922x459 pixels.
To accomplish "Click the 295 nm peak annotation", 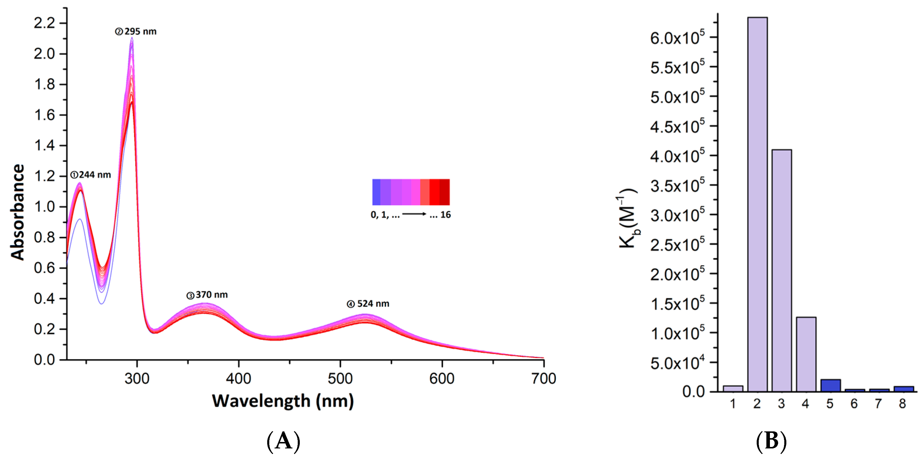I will pyautogui.click(x=136, y=31).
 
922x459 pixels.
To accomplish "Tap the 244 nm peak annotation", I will pyautogui.click(x=90, y=175).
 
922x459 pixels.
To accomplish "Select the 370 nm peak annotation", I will pyautogui.click(x=207, y=295).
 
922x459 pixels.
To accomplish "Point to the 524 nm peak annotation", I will pyautogui.click(x=368, y=304).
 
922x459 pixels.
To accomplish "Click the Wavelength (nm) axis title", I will pyautogui.click(x=283, y=401).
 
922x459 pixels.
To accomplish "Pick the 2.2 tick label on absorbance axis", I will pyautogui.click(x=44, y=23).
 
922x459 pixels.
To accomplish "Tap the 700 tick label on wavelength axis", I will pyautogui.click(x=543, y=379).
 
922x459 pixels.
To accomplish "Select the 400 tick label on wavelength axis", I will pyautogui.click(x=238, y=379).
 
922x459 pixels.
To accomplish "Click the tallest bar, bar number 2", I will pyautogui.click(x=757, y=204).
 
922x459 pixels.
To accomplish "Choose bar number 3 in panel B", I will pyautogui.click(x=781, y=270).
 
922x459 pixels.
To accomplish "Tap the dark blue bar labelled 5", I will pyautogui.click(x=830, y=385).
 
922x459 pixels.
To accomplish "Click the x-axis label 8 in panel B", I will pyautogui.click(x=902, y=404).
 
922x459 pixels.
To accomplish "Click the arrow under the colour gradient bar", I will pyautogui.click(x=414, y=214).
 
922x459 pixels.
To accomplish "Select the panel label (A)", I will pyautogui.click(x=283, y=441).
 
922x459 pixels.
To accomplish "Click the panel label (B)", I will pyautogui.click(x=771, y=441).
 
